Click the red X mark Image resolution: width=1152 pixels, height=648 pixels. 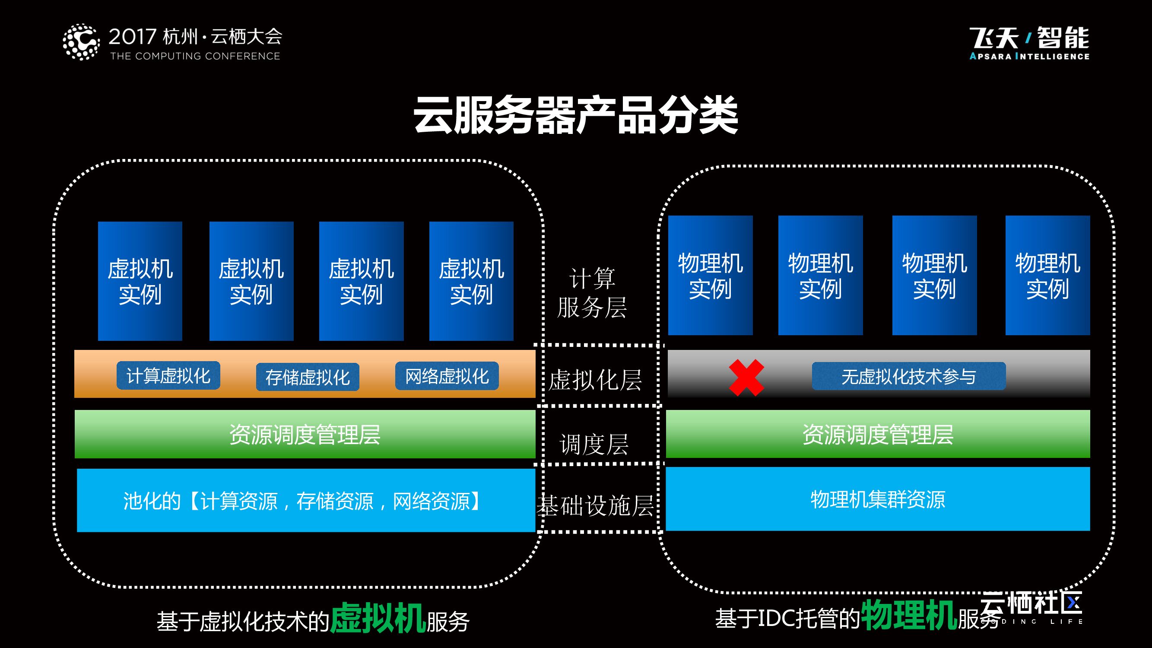[746, 378]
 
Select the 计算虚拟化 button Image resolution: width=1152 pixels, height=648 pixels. [168, 376]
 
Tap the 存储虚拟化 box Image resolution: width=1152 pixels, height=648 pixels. [307, 377]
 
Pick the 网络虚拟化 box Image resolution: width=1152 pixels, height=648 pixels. [447, 376]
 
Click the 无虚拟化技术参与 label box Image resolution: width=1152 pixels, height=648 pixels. [908, 376]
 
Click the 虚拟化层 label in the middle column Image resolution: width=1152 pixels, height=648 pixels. [595, 380]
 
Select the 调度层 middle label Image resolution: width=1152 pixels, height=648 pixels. [594, 444]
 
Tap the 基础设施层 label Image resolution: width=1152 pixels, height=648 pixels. [595, 506]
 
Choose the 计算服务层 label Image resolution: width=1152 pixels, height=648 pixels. [592, 293]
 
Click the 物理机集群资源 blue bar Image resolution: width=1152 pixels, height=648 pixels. [877, 499]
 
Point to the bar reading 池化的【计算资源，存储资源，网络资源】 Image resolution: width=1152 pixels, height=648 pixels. [306, 500]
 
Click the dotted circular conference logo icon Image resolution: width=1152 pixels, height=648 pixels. [81, 41]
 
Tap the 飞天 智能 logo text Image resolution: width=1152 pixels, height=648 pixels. [1029, 38]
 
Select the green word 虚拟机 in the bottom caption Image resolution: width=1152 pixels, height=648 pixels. [378, 618]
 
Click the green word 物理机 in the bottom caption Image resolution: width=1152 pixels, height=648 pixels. [908, 615]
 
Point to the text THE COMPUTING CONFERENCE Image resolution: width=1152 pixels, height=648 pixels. [195, 56]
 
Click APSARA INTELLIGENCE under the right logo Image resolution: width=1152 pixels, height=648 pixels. [1029, 56]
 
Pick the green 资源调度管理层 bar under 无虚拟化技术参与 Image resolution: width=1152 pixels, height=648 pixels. [877, 434]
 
